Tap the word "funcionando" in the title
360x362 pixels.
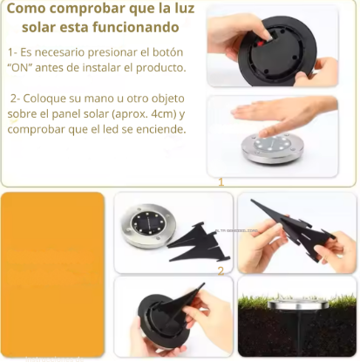136,27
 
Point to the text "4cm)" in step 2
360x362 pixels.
164,113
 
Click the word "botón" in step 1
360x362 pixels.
168,52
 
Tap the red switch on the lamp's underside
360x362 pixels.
260,44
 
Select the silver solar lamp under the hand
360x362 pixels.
273,148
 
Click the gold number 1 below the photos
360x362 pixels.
221,182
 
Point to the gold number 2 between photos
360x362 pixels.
221,271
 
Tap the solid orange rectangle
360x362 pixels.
53,274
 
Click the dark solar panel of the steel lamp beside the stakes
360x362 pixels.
148,226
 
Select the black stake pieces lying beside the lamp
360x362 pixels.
199,242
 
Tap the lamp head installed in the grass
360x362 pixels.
298,305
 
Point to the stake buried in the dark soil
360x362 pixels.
297,331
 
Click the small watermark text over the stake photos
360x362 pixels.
236,230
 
